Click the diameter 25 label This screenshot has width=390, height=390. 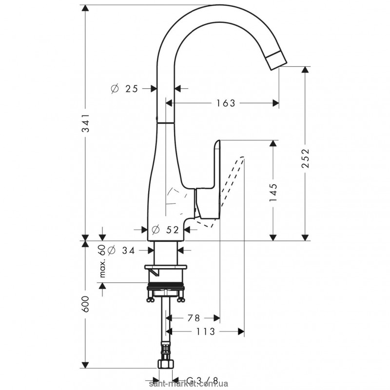point(124,88)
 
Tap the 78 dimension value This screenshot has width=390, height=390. point(194,318)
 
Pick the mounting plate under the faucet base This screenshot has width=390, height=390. point(166,268)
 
